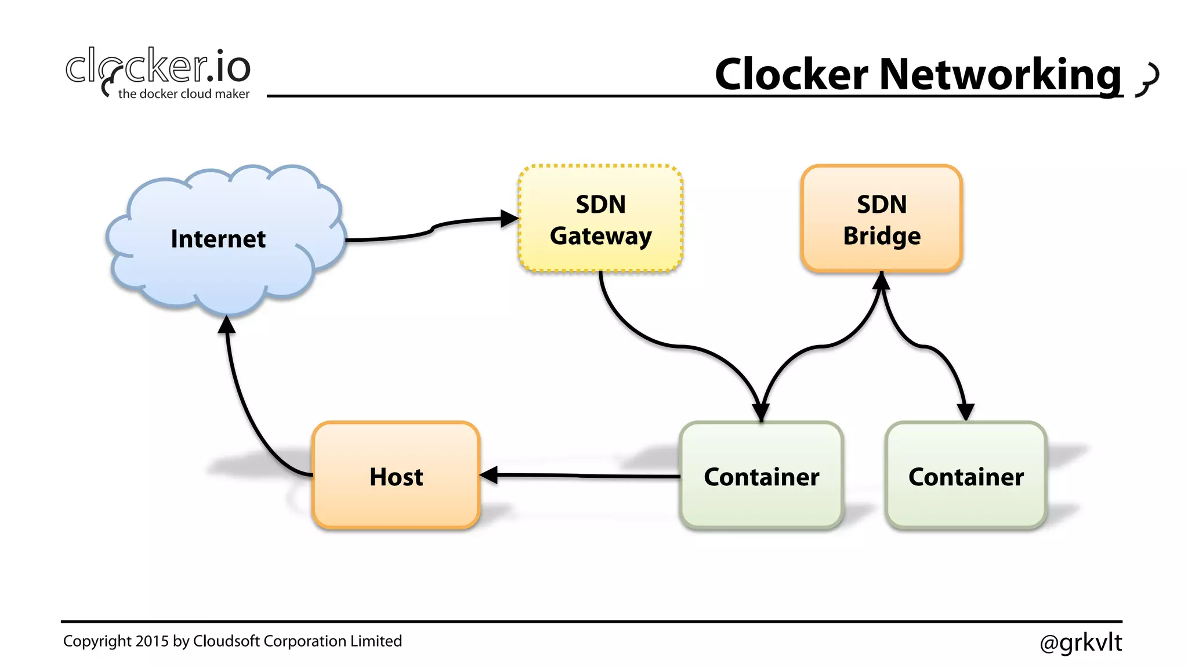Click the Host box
tap(396, 475)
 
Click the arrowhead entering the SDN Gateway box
tap(509, 219)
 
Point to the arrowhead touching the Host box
tap(489, 475)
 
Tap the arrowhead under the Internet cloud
tap(227, 325)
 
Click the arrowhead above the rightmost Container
tap(965, 412)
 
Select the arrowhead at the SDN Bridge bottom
tap(881, 281)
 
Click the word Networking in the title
tap(1000, 74)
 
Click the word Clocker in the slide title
tap(791, 74)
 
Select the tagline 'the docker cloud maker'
tap(183, 94)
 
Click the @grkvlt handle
tap(1081, 642)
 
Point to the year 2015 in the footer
tap(152, 641)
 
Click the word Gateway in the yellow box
tap(600, 236)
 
